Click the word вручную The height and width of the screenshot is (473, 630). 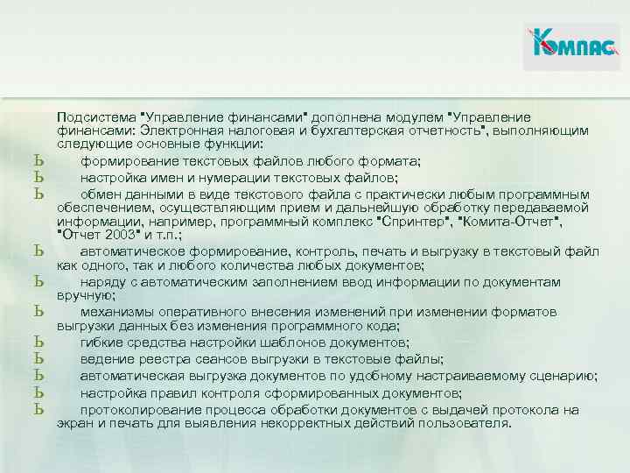coord(80,296)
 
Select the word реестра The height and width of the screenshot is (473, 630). coord(161,358)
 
